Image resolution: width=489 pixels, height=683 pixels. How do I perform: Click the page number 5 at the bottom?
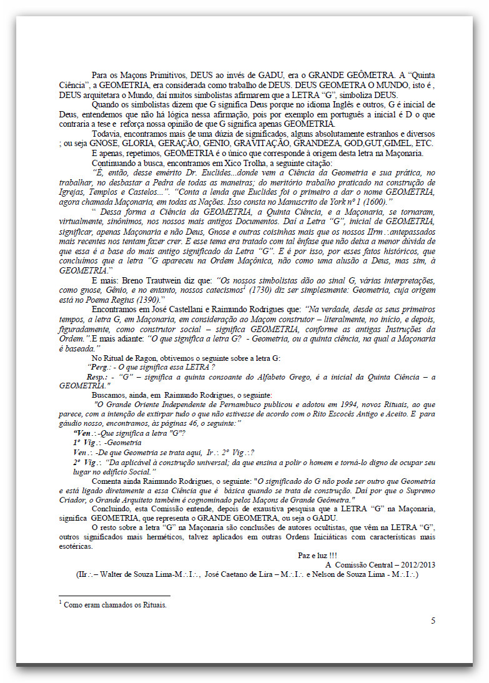click(433, 621)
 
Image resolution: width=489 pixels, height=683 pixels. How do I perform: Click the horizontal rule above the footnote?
click(114, 596)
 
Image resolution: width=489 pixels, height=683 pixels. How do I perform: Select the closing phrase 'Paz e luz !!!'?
click(317, 555)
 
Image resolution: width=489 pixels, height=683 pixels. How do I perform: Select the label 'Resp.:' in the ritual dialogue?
click(99, 377)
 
